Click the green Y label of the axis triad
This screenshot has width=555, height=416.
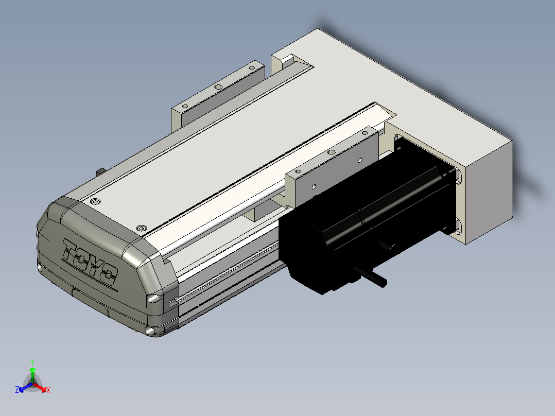[32, 362]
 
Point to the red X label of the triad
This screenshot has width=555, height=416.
[48, 390]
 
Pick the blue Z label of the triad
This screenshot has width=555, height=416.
[17, 389]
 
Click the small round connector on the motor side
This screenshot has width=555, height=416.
[389, 247]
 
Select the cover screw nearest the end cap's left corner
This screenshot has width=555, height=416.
[95, 202]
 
